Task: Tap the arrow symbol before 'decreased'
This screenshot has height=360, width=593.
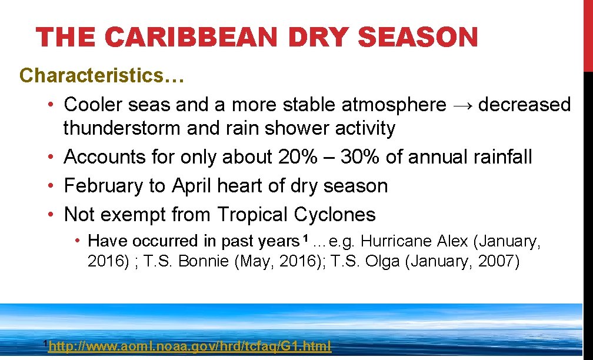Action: pyautogui.click(x=462, y=105)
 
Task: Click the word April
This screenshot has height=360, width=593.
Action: pyautogui.click(x=192, y=185)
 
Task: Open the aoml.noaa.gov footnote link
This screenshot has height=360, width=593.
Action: pyautogui.click(x=189, y=346)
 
